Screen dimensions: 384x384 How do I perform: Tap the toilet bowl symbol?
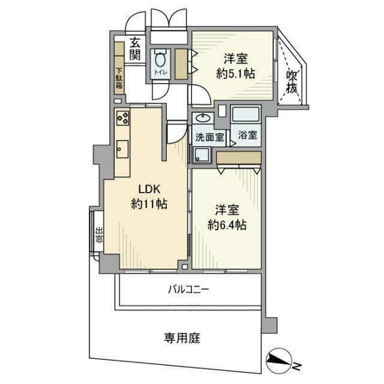pos(160,59)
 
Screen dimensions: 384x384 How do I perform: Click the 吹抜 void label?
pos(292,80)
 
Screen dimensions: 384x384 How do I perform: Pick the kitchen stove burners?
pos(123,118)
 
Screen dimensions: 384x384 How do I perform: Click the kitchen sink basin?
pos(122,148)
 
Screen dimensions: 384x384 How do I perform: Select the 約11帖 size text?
pos(149,204)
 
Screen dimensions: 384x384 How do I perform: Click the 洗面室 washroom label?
pos(206,136)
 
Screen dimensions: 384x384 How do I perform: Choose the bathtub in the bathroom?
pos(246,114)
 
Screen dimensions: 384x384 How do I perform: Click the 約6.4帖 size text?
pos(228,226)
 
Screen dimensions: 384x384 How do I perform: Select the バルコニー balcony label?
pos(188,290)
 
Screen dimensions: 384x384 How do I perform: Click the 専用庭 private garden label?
pos(182,337)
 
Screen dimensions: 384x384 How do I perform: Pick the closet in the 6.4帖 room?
pos(239,157)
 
